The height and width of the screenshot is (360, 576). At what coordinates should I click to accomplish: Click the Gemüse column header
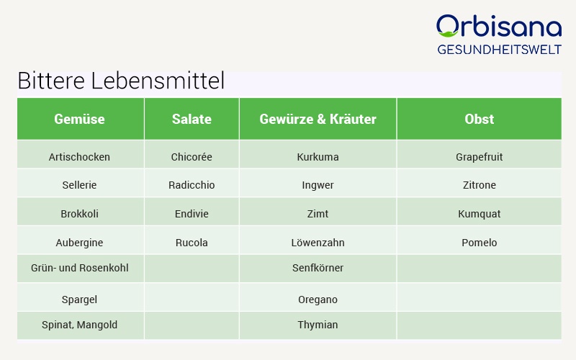79,119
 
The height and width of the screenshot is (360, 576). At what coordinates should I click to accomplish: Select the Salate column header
192,119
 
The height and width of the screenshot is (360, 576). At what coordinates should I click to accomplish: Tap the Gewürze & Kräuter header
318,119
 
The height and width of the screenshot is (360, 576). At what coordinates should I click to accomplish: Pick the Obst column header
479,119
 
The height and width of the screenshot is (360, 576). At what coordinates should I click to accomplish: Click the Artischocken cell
79,157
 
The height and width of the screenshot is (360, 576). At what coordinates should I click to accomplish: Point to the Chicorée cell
192,157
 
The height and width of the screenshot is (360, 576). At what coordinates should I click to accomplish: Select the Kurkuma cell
318,157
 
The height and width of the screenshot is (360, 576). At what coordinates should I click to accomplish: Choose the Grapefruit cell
479,157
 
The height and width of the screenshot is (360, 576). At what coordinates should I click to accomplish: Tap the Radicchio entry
192,185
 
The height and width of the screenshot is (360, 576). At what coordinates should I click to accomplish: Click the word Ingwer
318,185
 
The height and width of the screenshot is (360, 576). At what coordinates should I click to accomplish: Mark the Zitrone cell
479,185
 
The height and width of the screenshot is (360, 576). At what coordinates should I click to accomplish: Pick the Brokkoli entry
79,214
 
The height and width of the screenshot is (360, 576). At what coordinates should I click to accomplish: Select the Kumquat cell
479,214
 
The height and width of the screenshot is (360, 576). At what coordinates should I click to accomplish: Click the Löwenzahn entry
318,243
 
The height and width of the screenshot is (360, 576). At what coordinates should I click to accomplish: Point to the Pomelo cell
479,243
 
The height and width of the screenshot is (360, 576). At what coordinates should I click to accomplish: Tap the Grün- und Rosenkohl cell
79,268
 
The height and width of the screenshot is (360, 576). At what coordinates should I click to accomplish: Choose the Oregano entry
318,300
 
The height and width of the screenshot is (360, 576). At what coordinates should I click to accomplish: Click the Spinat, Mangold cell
79,325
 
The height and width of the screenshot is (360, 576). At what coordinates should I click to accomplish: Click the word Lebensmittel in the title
158,81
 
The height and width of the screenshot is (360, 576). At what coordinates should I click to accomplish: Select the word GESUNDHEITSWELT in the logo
499,50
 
